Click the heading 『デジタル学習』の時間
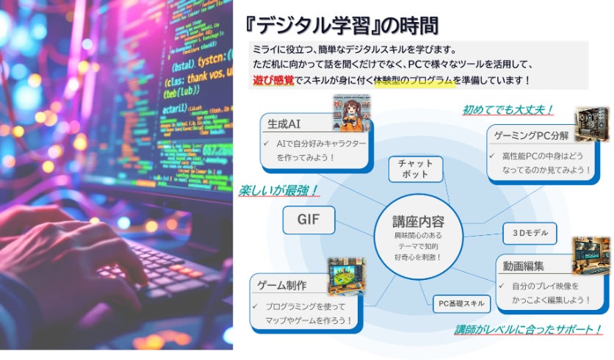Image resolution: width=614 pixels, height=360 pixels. pyautogui.click(x=342, y=26)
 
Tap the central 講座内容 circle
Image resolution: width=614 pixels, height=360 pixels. pyautogui.click(x=418, y=235)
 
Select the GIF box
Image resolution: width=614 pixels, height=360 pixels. pyautogui.click(x=308, y=220)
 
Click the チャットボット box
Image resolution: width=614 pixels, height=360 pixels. pyautogui.click(x=416, y=168)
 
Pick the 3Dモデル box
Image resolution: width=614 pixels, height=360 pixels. pyautogui.click(x=530, y=234)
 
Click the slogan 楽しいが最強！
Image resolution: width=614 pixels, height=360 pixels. pyautogui.click(x=278, y=191)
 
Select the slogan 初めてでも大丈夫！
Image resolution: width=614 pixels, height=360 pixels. pyautogui.click(x=508, y=110)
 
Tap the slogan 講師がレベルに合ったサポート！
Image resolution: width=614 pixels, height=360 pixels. pyautogui.click(x=527, y=329)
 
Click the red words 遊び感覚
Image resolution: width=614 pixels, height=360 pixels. pyautogui.click(x=274, y=79)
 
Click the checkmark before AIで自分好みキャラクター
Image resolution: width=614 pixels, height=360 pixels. pyautogui.click(x=268, y=144)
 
